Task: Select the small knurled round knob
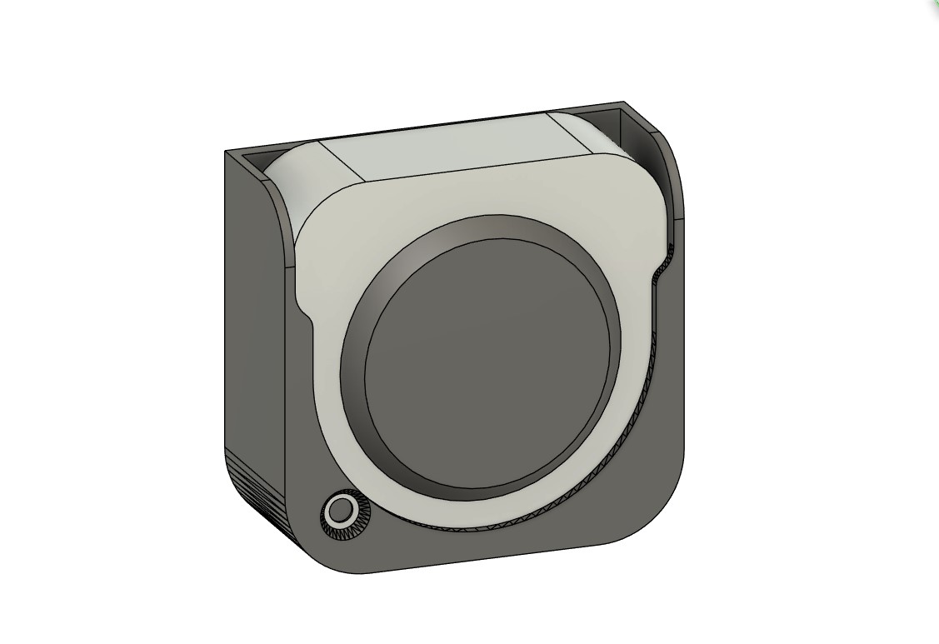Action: (341, 509)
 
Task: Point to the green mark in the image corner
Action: (935, 3)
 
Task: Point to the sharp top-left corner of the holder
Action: (227, 152)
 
